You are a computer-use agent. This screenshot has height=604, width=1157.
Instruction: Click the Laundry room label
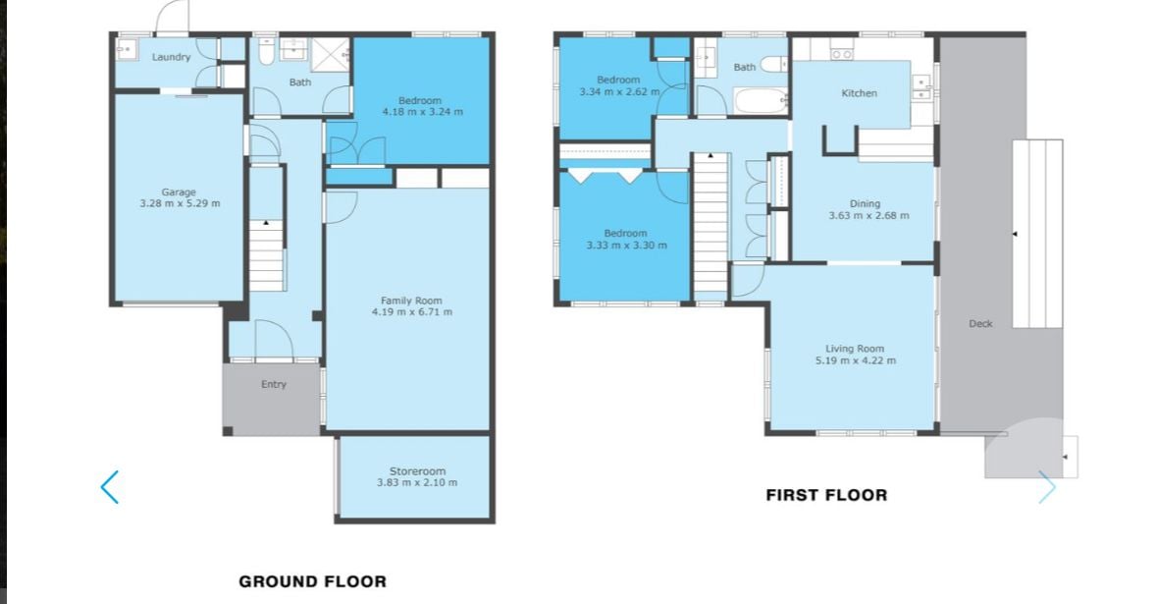coord(171,57)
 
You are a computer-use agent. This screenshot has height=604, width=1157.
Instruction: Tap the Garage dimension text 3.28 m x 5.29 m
coord(180,204)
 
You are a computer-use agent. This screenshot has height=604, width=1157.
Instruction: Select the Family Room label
coord(411,301)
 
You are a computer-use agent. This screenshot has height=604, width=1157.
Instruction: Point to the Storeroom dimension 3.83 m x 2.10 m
coord(417,483)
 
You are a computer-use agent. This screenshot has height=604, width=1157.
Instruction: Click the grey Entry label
coord(274,384)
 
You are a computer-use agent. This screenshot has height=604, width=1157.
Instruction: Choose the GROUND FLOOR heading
coord(313,581)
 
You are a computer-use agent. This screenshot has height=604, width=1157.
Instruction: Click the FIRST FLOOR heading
coord(826,495)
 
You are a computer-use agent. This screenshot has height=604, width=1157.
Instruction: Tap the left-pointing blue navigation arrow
coord(109,487)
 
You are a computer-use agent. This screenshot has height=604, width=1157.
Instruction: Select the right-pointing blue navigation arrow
coord(1047,487)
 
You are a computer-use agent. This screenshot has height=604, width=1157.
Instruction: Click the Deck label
coord(980,323)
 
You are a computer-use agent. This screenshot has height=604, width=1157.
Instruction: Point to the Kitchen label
coord(860,93)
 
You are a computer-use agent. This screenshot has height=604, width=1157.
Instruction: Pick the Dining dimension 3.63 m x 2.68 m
coord(868,216)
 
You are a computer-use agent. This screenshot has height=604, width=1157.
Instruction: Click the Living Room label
coord(855,349)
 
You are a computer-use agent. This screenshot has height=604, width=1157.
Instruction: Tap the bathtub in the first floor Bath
coord(760,100)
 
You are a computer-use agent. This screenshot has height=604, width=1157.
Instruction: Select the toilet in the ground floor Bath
coord(267,51)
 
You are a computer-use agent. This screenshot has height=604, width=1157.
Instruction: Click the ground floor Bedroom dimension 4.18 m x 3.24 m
coord(422,112)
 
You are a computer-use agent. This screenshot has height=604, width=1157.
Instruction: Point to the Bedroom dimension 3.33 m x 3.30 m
coord(626,246)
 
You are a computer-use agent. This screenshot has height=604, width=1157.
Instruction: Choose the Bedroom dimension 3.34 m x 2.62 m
coord(619,92)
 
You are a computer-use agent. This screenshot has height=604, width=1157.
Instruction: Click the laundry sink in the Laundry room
coord(126,49)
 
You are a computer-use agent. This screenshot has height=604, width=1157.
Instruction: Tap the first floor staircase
coord(711,224)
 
